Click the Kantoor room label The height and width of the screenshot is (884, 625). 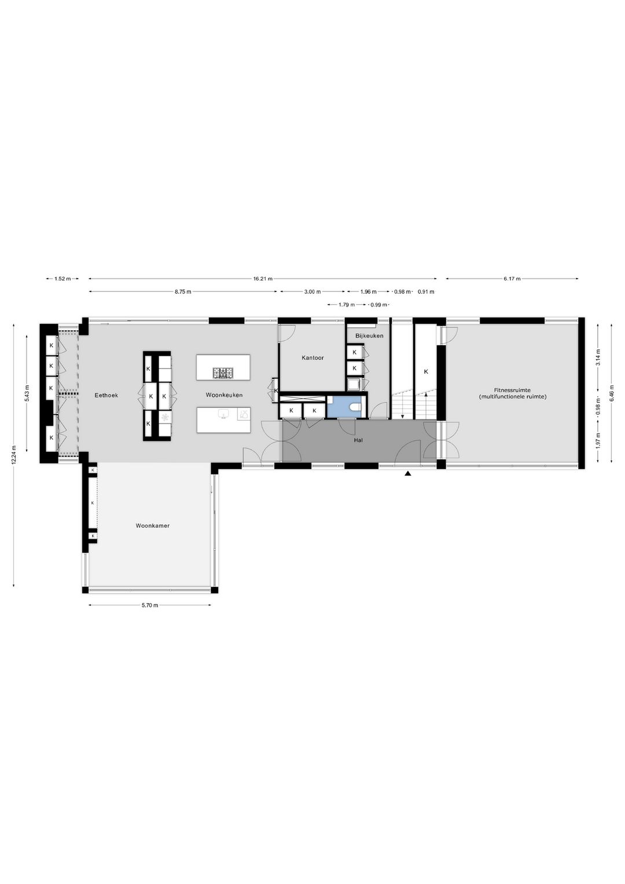click(x=312, y=358)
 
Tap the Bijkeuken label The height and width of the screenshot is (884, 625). click(x=369, y=336)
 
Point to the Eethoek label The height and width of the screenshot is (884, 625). click(x=106, y=395)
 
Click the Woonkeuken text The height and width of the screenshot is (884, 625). click(x=224, y=395)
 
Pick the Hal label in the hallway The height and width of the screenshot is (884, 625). click(x=358, y=440)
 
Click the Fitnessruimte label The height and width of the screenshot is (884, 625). click(x=513, y=390)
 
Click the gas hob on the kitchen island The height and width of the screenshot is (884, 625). click(x=223, y=372)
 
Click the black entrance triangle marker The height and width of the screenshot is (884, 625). click(x=408, y=474)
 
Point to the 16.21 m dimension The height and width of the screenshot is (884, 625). click(x=263, y=279)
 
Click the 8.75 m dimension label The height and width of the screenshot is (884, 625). click(x=183, y=291)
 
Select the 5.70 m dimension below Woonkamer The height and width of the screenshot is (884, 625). click(x=150, y=605)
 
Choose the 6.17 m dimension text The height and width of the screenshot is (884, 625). click(x=512, y=279)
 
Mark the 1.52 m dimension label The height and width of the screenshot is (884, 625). click(x=62, y=279)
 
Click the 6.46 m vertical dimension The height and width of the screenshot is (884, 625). click(x=612, y=393)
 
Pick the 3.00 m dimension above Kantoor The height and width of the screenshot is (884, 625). click(x=312, y=291)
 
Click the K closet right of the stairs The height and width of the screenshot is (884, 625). click(x=426, y=371)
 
